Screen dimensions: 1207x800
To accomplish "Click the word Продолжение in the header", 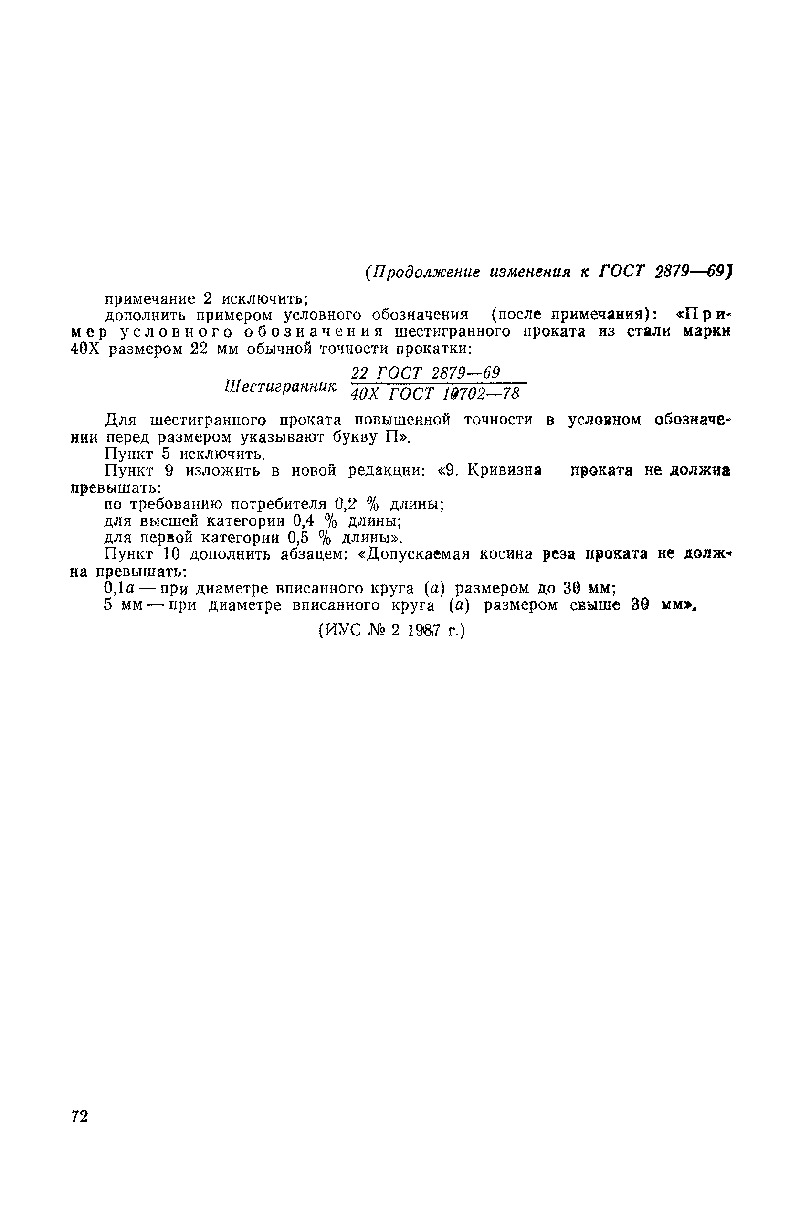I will point(428,272).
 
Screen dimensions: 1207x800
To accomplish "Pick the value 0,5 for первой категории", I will point(298,538).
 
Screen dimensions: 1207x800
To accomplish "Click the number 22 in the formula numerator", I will point(360,373).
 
